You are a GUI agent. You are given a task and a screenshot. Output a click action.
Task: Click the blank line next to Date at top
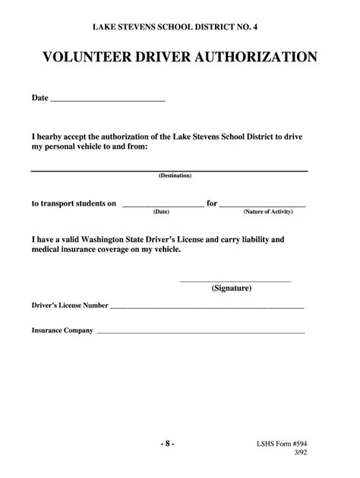pyautogui.click(x=107, y=100)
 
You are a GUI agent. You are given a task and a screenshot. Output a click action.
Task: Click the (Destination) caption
pyautogui.click(x=175, y=175)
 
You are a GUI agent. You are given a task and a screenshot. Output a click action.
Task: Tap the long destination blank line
pyautogui.click(x=169, y=171)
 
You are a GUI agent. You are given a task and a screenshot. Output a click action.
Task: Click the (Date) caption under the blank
pyautogui.click(x=161, y=212)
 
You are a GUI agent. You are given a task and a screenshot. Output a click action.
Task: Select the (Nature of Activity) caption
pyautogui.click(x=262, y=212)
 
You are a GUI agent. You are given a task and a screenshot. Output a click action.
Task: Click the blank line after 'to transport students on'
pyautogui.click(x=162, y=206)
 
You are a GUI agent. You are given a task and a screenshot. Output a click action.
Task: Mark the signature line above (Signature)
pyautogui.click(x=235, y=281)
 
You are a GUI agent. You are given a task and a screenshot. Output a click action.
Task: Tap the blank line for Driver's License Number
pyautogui.click(x=207, y=308)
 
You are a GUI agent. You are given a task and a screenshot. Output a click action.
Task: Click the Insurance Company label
pyautogui.click(x=62, y=331)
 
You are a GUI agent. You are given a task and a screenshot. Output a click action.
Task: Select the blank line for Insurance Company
pyautogui.click(x=200, y=333)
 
